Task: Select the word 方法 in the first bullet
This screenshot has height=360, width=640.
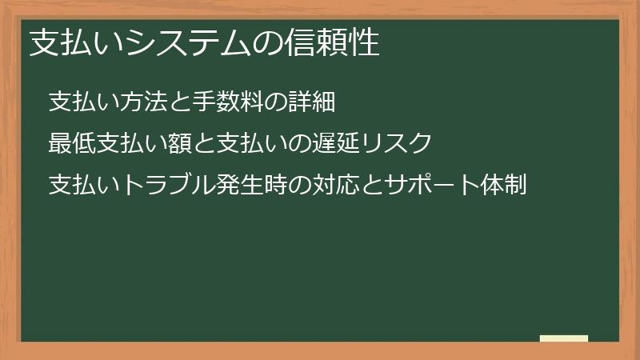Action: coord(142,102)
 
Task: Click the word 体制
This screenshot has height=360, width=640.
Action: coord(505,186)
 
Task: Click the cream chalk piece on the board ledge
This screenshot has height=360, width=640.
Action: coord(563,338)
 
